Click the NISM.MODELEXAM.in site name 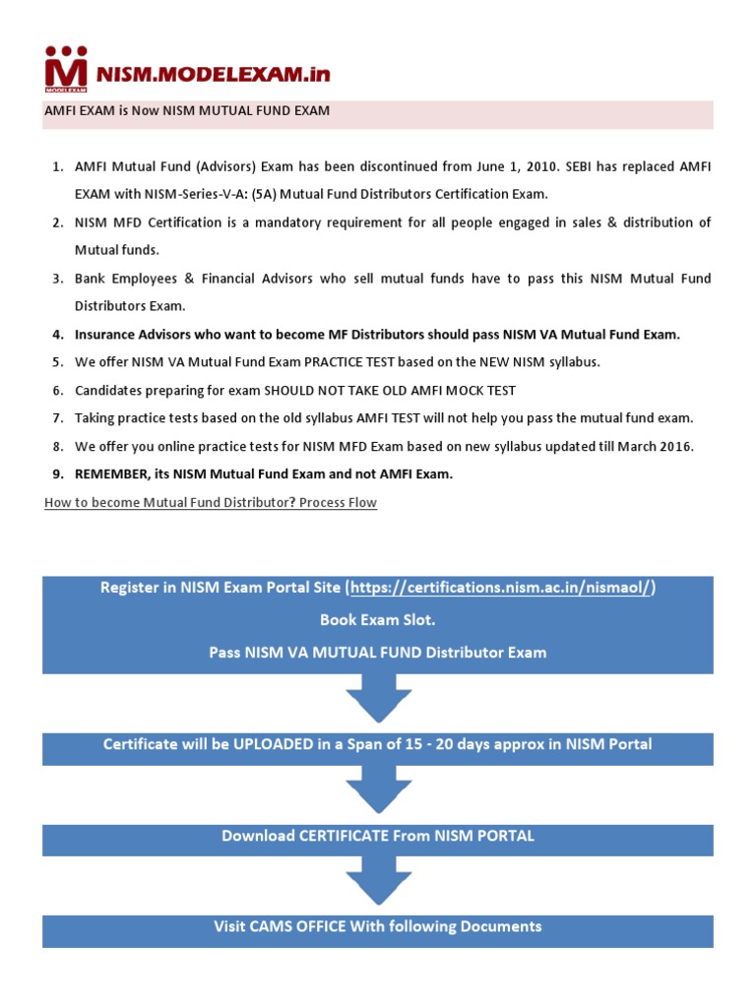213,74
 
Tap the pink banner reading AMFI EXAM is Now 187,111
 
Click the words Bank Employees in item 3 119,279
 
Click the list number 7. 58,417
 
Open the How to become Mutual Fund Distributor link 211,502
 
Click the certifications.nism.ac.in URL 502,588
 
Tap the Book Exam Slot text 377,620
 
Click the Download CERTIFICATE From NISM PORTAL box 378,837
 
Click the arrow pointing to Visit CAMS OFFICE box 378,882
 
